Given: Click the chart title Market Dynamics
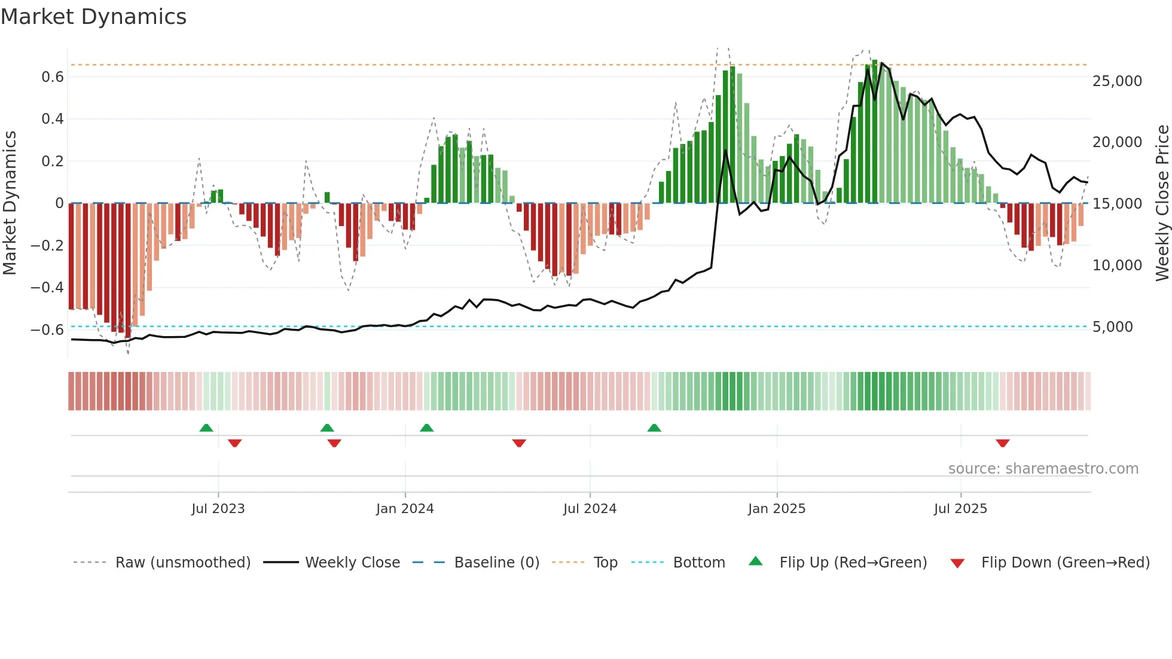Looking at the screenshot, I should tap(93, 17).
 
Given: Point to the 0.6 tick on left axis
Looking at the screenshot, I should tap(53, 77).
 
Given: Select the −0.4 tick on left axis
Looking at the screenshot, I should tap(47, 288).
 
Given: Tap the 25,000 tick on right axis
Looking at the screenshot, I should tap(1117, 81).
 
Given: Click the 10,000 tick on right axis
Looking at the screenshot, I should tap(1117, 266).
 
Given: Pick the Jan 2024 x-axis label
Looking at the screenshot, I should tap(405, 509).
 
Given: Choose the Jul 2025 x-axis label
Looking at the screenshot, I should tap(960, 509).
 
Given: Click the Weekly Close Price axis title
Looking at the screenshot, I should tap(1162, 203).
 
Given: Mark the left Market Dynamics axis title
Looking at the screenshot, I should tap(10, 203).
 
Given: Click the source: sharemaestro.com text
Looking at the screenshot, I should tap(1043, 469).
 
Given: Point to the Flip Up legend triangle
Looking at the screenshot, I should tap(756, 562).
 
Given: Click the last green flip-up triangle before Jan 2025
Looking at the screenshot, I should tap(654, 428).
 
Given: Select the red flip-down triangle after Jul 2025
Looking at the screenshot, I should tap(1003, 443).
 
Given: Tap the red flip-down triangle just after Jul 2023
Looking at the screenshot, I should tap(234, 443).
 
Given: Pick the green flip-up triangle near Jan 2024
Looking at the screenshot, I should tap(426, 428).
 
